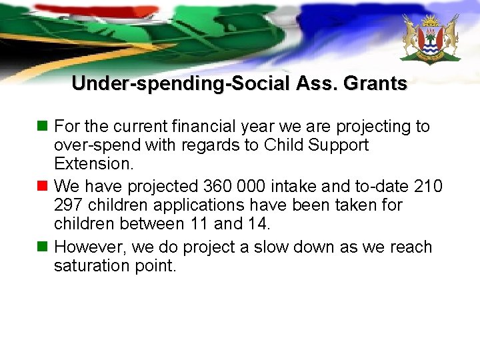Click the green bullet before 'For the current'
coord(43,126)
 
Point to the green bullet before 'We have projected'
coord(43,185)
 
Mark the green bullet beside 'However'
coord(43,247)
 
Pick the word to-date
coord(379,185)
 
